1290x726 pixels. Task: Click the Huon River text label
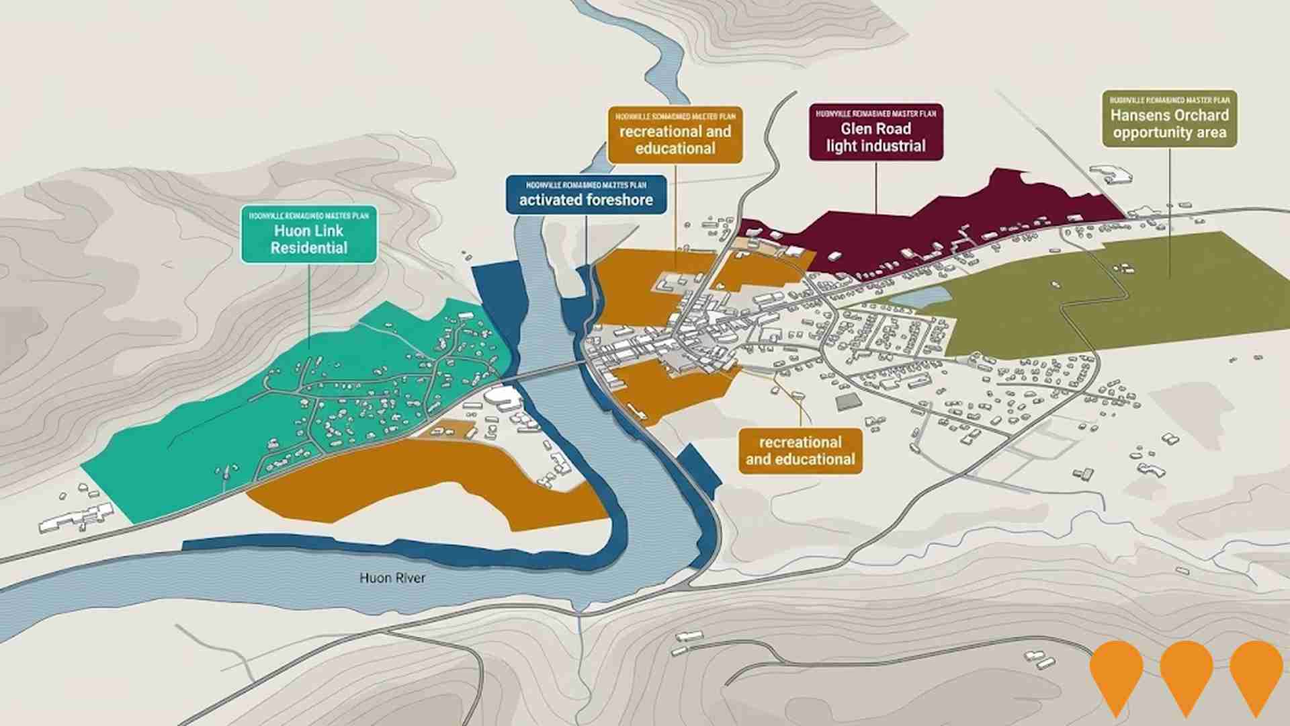[392, 578]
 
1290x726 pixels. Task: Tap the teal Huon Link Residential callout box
[309, 234]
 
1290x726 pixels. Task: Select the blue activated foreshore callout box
[586, 194]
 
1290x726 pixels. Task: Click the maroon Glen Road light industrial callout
[875, 132]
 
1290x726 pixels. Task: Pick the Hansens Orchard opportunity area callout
[1169, 119]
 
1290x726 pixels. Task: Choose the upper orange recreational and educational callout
[675, 134]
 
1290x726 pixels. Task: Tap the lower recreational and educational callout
[800, 451]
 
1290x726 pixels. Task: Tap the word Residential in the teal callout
[309, 248]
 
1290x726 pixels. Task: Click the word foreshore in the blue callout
[619, 200]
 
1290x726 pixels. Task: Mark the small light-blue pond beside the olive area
[920, 296]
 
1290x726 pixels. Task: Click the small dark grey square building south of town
[848, 402]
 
